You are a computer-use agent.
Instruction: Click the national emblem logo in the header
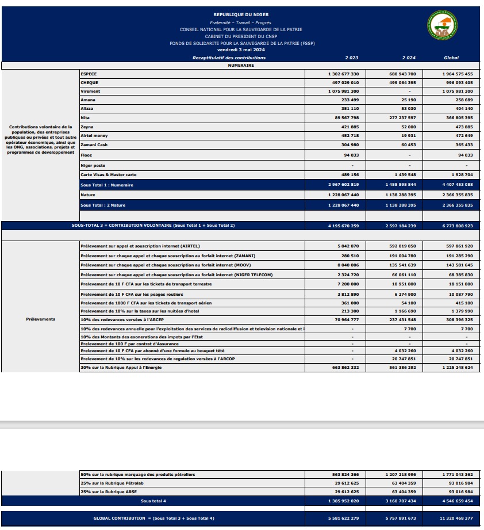442,26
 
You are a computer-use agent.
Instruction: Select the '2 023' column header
351,58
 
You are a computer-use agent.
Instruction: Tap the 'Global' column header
451,58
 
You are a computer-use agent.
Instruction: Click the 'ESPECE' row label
89,74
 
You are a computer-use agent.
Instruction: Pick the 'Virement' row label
90,91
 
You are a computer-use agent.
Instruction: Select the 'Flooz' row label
86,155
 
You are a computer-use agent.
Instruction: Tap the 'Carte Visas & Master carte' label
108,174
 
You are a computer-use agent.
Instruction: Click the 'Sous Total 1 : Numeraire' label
107,185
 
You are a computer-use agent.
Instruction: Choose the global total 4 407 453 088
458,185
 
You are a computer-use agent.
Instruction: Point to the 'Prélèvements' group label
40,319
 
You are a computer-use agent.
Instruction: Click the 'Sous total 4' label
153,501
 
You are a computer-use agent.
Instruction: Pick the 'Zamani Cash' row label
94,145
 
